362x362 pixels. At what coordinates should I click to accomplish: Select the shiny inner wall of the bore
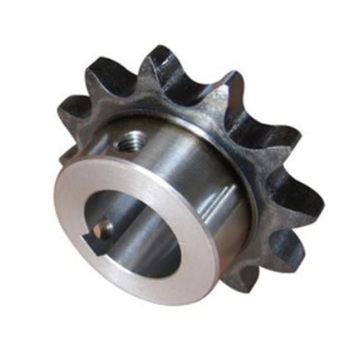(145, 232)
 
